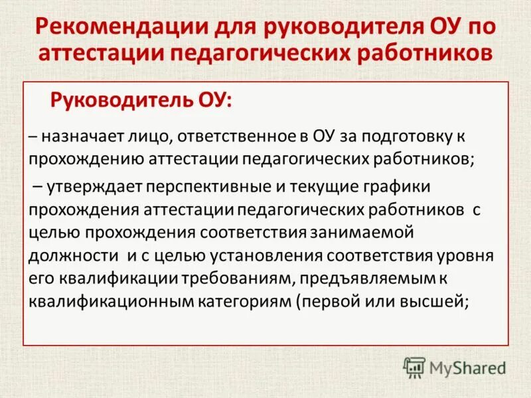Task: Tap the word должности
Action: click(x=72, y=255)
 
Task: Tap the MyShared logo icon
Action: click(x=414, y=367)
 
